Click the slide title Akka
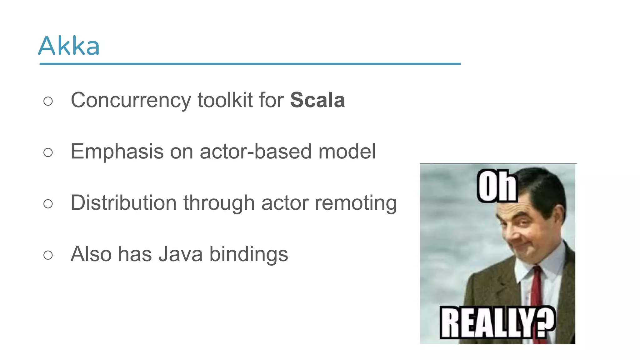pyautogui.click(x=69, y=46)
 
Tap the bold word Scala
pyautogui.click(x=317, y=100)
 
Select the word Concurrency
pyautogui.click(x=131, y=101)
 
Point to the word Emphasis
pyautogui.click(x=117, y=152)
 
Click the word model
pyautogui.click(x=347, y=152)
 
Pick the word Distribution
pyautogui.click(x=124, y=203)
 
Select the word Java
pyautogui.click(x=181, y=254)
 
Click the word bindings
pyautogui.click(x=248, y=255)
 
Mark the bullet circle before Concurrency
pyautogui.click(x=48, y=101)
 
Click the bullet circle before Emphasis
pyautogui.click(x=48, y=152)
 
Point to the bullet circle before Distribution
pyautogui.click(x=48, y=204)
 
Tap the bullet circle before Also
pyautogui.click(x=48, y=255)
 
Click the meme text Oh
pyautogui.click(x=497, y=187)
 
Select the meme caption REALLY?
pyautogui.click(x=497, y=322)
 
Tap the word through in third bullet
pyautogui.click(x=219, y=203)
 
